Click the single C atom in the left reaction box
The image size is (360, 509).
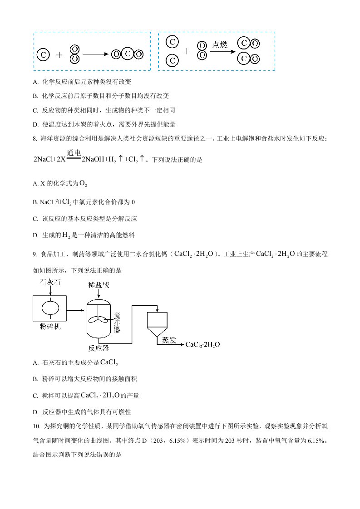tap(43, 55)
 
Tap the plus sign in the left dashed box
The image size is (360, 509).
tap(59, 55)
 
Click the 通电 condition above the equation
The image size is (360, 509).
tap(74, 153)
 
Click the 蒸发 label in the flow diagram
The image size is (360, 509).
tap(166, 340)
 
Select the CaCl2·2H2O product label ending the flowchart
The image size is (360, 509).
tap(202, 345)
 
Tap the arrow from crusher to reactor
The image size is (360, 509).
tap(75, 311)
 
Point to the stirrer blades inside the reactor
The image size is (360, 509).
tap(99, 319)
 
